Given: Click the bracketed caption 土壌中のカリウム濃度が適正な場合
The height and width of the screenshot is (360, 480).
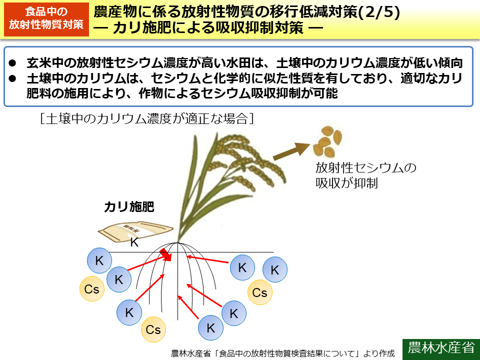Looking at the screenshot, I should point(148,118).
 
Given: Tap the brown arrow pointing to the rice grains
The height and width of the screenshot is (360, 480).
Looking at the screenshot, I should point(291,150).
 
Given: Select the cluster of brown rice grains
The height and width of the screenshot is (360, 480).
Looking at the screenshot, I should point(327,141).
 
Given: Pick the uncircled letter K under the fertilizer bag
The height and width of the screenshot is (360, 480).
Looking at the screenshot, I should point(134,243).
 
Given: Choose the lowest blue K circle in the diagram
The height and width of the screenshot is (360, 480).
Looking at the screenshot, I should point(210,328).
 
